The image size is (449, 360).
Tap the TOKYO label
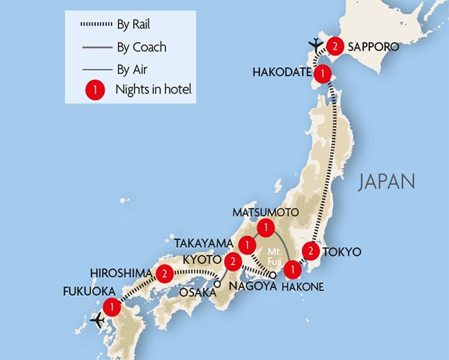(x=343, y=252)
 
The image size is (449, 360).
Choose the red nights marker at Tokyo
(x=309, y=251)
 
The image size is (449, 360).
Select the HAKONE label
(x=306, y=287)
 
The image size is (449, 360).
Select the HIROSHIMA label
(x=120, y=273)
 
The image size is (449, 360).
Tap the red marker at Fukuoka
(x=111, y=307)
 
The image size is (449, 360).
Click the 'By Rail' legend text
(x=133, y=26)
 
